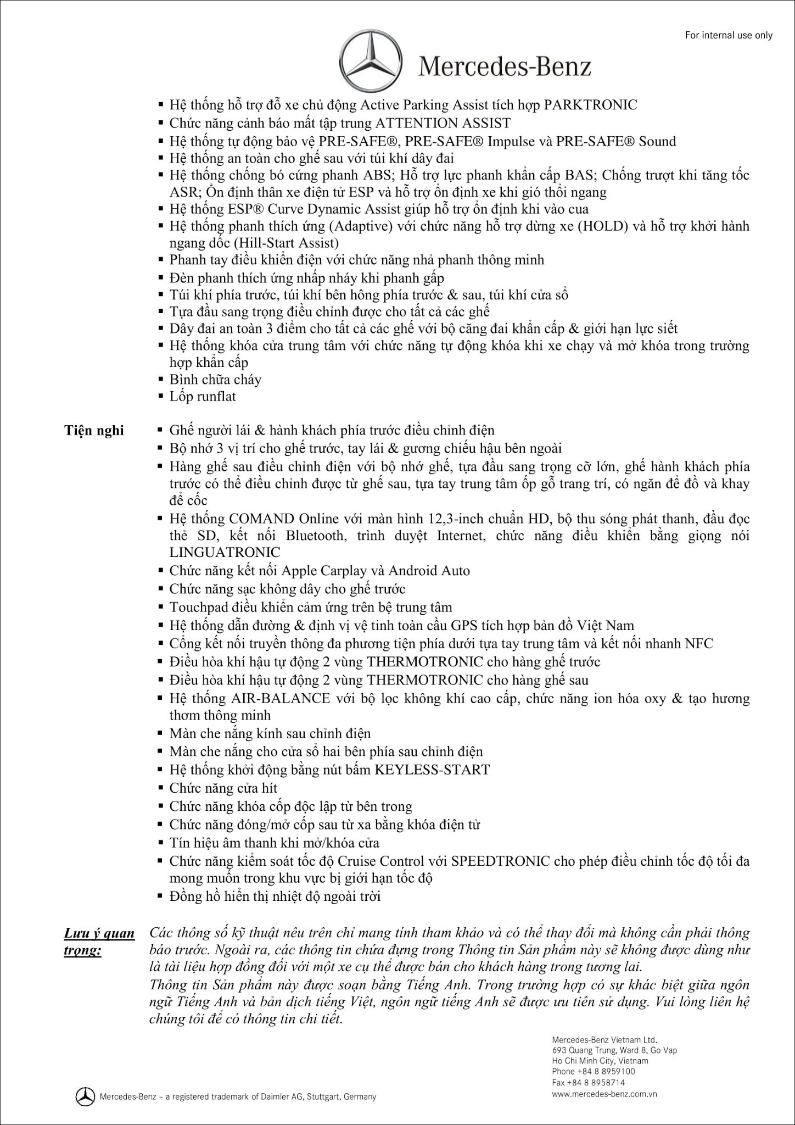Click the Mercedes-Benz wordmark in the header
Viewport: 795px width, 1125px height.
(505, 67)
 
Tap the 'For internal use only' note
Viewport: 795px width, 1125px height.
(729, 35)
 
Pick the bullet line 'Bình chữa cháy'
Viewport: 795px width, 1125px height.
(215, 380)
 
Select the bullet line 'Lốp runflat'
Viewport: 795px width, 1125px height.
(203, 396)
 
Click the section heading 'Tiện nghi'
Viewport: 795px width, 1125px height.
(94, 430)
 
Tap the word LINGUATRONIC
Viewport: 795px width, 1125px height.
(225, 553)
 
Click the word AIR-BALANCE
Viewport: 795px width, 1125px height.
(281, 698)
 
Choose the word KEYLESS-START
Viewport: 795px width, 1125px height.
(432, 770)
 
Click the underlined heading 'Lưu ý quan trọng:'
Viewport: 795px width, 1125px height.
(99, 942)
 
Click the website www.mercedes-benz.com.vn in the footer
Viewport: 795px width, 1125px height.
(604, 1094)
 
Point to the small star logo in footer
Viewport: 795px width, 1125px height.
(85, 1096)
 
